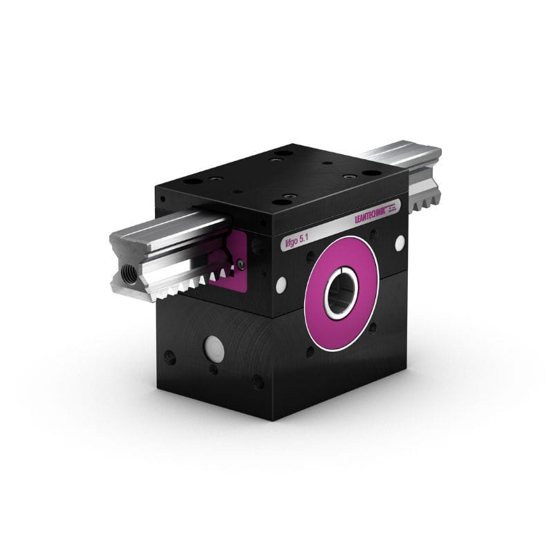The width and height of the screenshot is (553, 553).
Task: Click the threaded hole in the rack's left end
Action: [127, 273]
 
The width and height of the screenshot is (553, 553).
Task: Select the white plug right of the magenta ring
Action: [400, 242]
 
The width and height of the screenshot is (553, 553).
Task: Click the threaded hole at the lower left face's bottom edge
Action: [257, 381]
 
